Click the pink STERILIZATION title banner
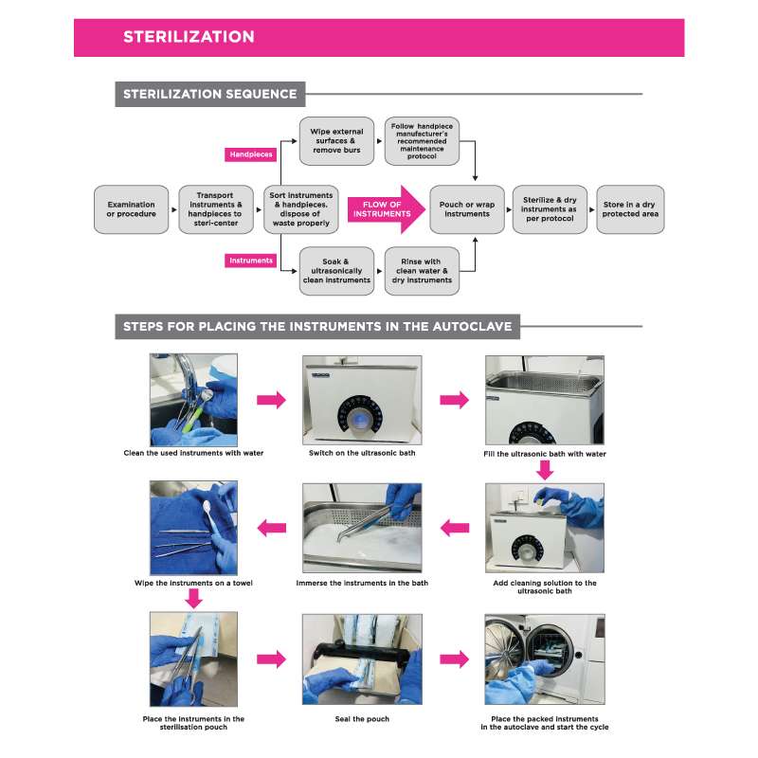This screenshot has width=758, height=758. click(379, 37)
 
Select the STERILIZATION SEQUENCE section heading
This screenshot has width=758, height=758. click(209, 94)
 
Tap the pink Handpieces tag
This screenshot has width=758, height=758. click(251, 153)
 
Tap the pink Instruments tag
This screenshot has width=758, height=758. click(251, 260)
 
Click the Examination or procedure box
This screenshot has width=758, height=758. click(132, 208)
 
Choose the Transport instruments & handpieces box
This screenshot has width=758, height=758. click(216, 208)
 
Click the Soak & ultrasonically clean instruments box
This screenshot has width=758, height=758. click(336, 269)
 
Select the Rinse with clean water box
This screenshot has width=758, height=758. click(422, 269)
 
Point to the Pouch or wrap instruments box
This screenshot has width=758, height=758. click(465, 208)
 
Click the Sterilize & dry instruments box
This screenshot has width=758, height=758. click(550, 208)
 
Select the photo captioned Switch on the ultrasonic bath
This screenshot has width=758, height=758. click(361, 400)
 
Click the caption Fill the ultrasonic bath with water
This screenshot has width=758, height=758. click(544, 455)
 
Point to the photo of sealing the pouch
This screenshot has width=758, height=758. click(361, 660)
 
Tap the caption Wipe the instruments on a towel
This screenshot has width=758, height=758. click(193, 583)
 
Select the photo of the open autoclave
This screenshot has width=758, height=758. click(544, 660)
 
